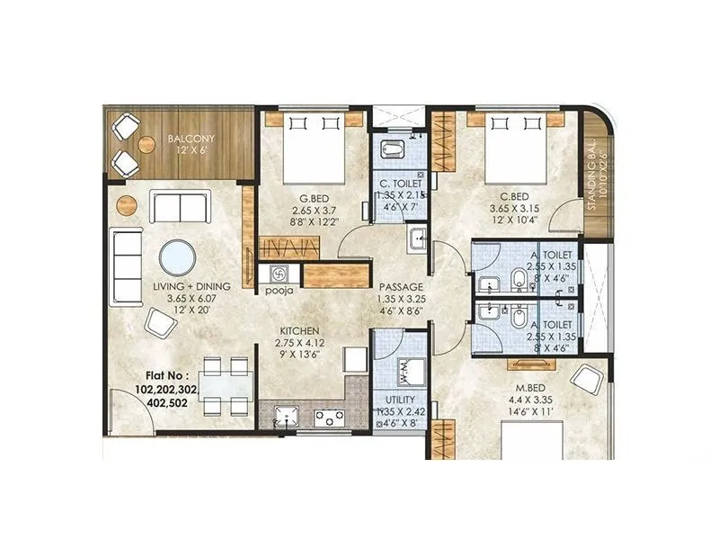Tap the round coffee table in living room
click(x=177, y=257)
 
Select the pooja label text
click(x=274, y=291)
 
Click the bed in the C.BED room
click(x=513, y=148)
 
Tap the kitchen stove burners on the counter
click(x=329, y=416)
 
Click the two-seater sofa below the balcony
click(x=179, y=207)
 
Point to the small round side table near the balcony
click(x=125, y=202)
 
